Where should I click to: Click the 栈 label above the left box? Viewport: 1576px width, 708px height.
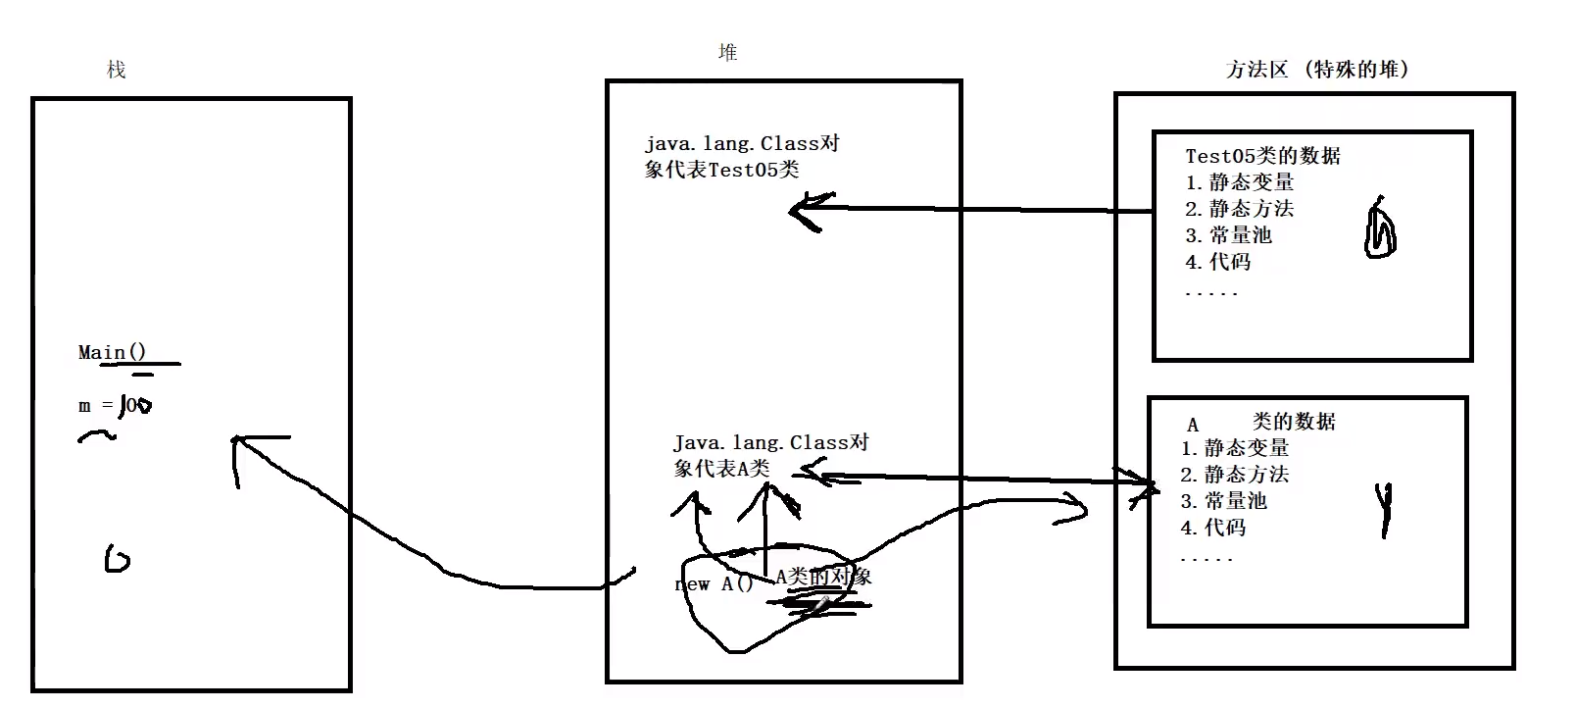point(117,70)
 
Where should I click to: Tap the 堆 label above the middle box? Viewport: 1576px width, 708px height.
point(727,53)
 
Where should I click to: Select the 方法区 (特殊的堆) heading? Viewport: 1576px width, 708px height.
point(1316,70)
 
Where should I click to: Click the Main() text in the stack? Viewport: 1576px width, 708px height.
point(113,353)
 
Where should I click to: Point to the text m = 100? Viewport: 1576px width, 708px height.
point(115,405)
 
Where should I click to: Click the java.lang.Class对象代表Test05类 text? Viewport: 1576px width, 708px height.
point(741,157)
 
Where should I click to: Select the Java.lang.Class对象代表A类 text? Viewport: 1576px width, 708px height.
point(769,456)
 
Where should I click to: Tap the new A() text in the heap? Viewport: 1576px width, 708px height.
point(714,584)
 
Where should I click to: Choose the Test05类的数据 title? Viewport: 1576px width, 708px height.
point(1262,156)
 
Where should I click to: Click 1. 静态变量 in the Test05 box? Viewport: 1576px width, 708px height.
point(1239,182)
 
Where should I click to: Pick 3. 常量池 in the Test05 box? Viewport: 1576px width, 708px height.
point(1228,235)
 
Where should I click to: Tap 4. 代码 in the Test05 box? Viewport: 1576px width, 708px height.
point(1217,262)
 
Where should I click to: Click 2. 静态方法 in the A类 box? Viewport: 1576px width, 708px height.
point(1234,475)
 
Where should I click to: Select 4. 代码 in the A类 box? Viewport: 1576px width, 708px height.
point(1212,528)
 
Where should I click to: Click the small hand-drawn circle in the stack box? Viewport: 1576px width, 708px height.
point(117,560)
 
